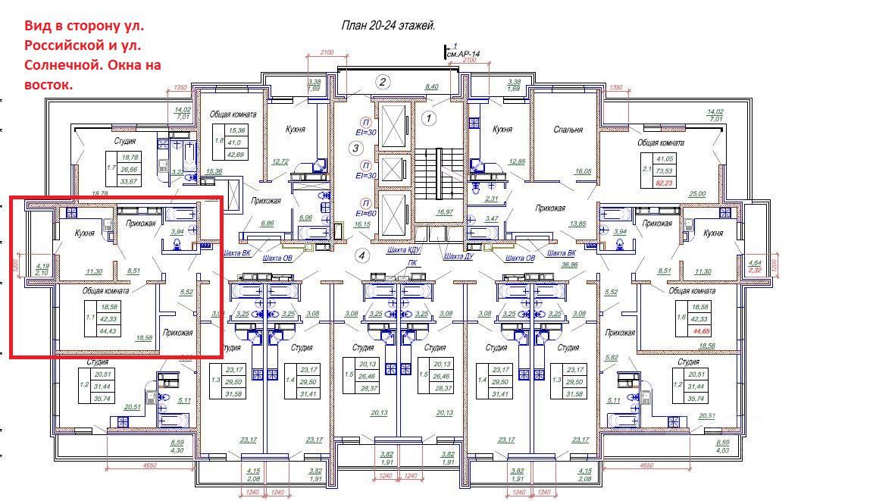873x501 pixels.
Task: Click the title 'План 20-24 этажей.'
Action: tap(388, 25)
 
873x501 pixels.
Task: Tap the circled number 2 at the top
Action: tap(383, 83)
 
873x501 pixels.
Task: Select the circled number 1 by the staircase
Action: tap(428, 118)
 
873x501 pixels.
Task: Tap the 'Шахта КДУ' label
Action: tap(402, 249)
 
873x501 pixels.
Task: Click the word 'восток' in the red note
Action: tap(48, 85)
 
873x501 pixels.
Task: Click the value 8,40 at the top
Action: tap(432, 87)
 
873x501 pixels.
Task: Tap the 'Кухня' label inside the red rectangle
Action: tap(83, 233)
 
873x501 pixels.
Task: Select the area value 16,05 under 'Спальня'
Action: tap(582, 172)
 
